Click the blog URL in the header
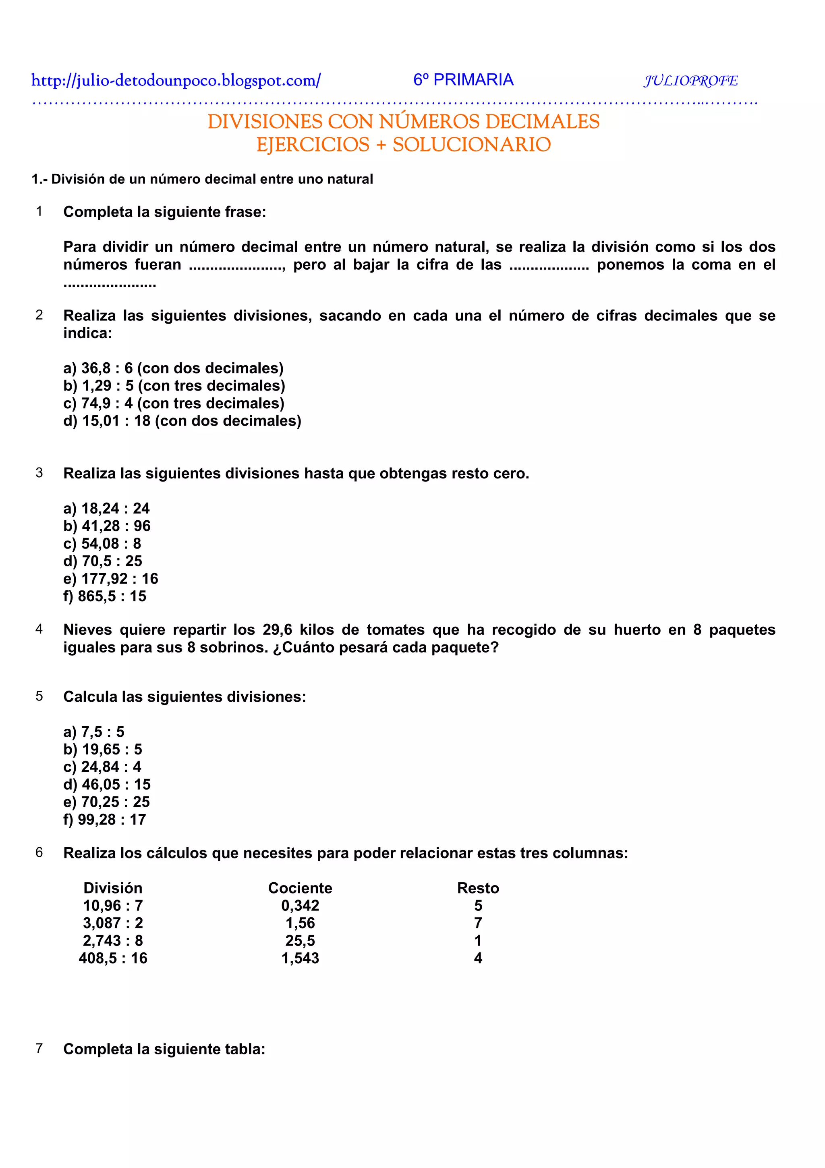176,80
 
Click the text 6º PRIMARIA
463,80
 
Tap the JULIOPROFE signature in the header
690,81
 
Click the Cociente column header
300,888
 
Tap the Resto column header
478,888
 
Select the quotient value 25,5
300,941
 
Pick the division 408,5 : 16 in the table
113,958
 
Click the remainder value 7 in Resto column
478,923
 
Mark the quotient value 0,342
300,906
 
